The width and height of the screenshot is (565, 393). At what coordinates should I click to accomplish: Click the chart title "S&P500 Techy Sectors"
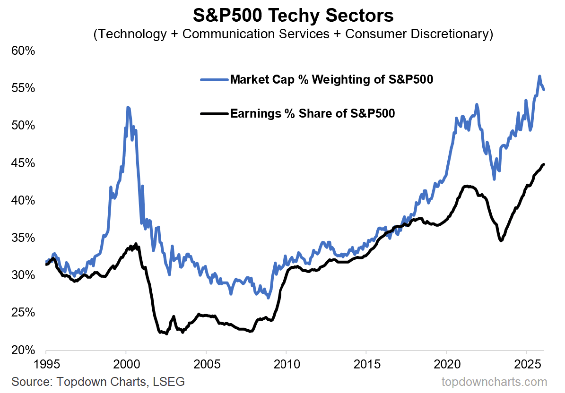click(293, 15)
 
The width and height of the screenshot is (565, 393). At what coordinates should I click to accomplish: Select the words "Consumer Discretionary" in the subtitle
click(422, 34)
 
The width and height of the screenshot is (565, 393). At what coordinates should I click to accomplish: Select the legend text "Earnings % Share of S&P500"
click(313, 113)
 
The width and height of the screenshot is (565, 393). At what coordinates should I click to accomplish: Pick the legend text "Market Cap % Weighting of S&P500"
click(331, 79)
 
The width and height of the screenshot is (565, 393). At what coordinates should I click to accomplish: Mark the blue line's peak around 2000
click(128, 107)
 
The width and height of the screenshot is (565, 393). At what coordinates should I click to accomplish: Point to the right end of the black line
click(544, 164)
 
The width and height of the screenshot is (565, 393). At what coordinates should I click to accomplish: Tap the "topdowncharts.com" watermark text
click(494, 381)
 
